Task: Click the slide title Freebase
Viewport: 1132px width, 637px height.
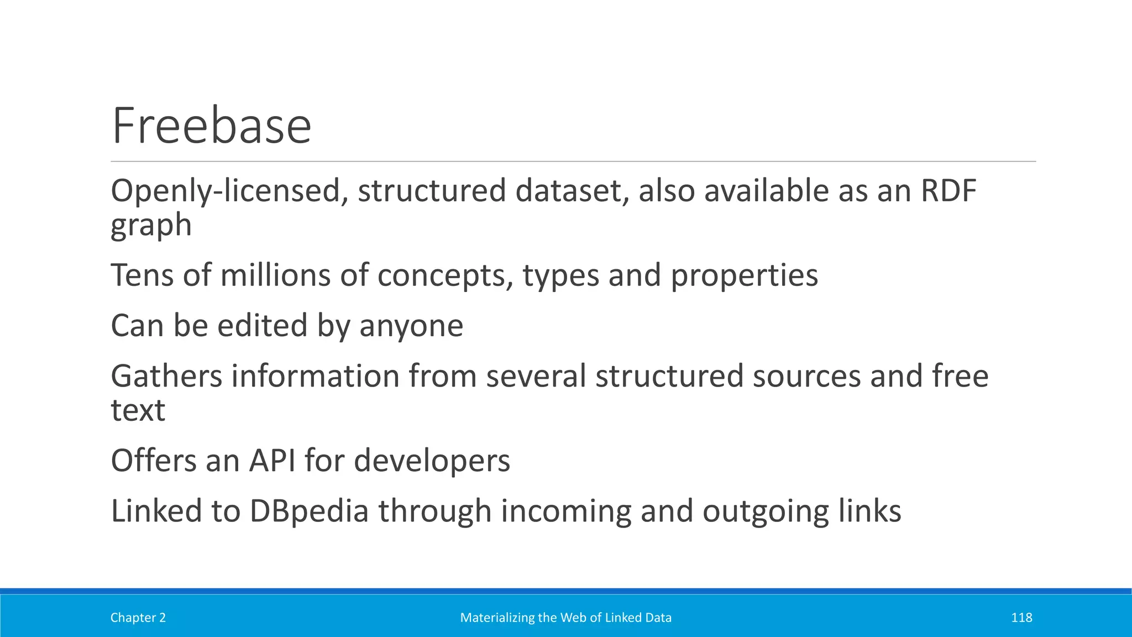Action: [211, 126]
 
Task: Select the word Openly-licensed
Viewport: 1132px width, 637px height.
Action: [229, 192]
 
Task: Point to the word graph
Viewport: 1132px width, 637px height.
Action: [151, 226]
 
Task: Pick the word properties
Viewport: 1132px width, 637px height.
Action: [744, 276]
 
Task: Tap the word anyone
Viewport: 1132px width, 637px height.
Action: [411, 326]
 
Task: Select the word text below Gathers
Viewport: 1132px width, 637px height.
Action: [138, 410]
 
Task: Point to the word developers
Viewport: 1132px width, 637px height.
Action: [432, 461]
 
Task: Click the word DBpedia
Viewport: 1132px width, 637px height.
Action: [309, 511]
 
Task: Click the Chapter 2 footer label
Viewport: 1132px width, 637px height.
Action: [138, 618]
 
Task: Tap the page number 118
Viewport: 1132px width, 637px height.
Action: [1021, 618]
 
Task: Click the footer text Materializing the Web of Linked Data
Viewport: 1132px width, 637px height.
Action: [566, 618]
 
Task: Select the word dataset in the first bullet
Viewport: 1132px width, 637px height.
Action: [572, 191]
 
